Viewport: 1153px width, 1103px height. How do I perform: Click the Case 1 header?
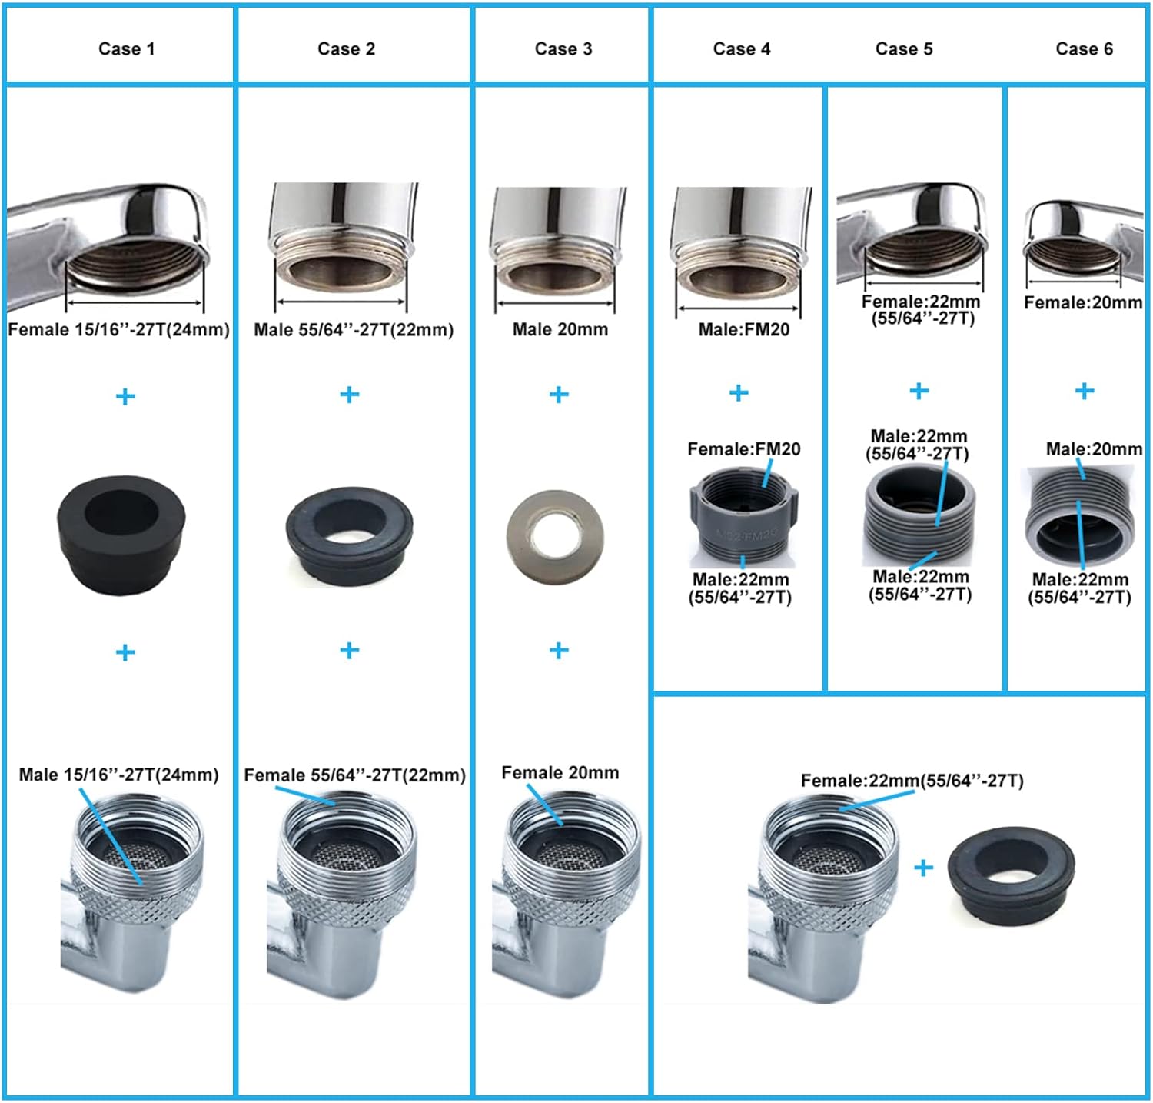(x=127, y=49)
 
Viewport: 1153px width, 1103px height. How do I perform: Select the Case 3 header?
(x=563, y=49)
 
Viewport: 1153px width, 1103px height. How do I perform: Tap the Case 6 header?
(x=1084, y=49)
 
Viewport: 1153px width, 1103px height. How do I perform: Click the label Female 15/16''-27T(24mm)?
(x=119, y=330)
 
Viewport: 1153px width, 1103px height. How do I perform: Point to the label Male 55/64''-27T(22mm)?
(x=354, y=330)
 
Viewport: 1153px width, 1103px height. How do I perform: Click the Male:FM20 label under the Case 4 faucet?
(x=743, y=330)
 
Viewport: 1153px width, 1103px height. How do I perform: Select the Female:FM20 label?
(x=743, y=449)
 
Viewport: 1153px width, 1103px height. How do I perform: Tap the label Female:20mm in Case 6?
(x=1083, y=303)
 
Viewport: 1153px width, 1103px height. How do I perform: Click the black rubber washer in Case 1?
(x=121, y=533)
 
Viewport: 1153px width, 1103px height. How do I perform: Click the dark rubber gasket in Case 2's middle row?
(x=349, y=536)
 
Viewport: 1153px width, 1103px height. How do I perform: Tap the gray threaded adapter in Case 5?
(x=919, y=515)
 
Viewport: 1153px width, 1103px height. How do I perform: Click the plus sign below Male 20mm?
(x=559, y=395)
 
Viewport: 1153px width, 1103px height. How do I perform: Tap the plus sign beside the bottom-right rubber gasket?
(x=923, y=868)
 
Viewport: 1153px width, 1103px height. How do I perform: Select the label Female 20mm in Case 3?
(x=560, y=773)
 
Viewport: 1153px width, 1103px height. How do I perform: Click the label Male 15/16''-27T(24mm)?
(x=118, y=775)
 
